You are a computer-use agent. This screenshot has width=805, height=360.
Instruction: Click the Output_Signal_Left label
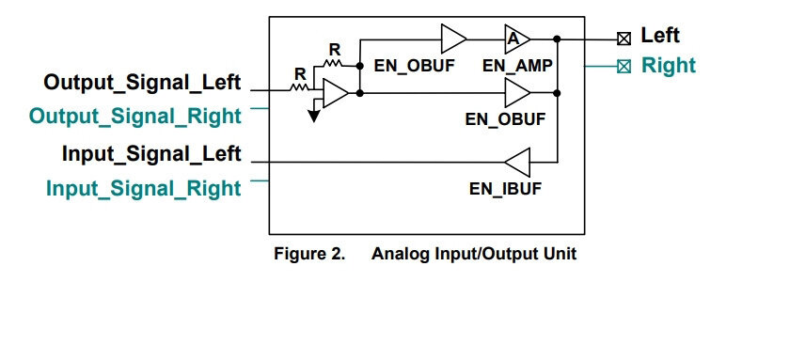(x=142, y=83)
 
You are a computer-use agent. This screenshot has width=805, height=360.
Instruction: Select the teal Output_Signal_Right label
(x=135, y=117)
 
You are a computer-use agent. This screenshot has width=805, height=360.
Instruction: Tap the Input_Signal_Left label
(x=151, y=154)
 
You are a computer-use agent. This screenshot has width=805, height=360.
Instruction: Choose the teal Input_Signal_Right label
(x=144, y=189)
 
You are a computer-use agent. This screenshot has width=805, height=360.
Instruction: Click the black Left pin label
(x=660, y=36)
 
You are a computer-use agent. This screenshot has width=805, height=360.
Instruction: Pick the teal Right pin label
(x=669, y=66)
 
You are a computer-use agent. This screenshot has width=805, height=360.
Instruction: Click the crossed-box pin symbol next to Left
(x=623, y=39)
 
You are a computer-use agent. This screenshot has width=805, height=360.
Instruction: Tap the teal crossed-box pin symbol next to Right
(x=623, y=67)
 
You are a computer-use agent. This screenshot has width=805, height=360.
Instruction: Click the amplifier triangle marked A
(x=517, y=39)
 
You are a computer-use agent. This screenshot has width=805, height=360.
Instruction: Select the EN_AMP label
(x=517, y=66)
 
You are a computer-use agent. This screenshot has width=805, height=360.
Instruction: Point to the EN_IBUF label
(x=505, y=189)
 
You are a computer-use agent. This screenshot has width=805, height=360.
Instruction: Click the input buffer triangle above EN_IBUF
(x=517, y=162)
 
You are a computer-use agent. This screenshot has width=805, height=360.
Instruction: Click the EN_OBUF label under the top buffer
(x=414, y=66)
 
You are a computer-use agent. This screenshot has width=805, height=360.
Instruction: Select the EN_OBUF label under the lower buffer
(x=505, y=119)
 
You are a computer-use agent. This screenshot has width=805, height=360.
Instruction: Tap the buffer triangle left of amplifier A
(x=454, y=39)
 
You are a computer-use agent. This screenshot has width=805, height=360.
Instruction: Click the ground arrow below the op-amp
(x=314, y=116)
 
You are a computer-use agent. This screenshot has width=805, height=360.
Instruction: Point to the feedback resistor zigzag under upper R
(x=332, y=63)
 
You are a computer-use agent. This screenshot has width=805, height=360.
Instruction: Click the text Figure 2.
(x=309, y=254)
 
